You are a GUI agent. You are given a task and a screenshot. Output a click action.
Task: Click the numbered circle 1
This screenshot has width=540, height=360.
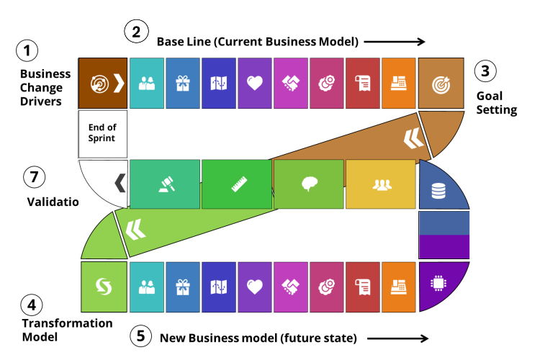(27, 51)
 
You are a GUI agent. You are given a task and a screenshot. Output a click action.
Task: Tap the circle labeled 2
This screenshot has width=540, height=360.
(136, 32)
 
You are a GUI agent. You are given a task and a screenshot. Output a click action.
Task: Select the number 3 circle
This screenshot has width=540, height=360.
(485, 71)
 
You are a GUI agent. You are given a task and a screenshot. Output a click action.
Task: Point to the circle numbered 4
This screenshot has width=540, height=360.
(31, 305)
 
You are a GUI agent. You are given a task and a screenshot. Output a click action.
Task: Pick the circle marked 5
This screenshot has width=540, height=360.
(140, 336)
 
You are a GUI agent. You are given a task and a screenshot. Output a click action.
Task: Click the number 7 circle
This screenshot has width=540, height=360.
(34, 177)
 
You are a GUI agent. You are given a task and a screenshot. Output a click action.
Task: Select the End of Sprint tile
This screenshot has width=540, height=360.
(102, 134)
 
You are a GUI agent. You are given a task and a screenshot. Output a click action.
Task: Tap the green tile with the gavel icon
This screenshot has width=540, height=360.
(165, 184)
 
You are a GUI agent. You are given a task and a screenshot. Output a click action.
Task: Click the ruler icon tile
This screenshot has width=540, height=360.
(237, 184)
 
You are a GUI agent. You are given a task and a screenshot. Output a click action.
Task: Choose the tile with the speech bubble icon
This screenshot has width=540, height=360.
(309, 184)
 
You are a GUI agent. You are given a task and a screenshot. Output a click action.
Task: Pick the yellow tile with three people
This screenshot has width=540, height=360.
(381, 184)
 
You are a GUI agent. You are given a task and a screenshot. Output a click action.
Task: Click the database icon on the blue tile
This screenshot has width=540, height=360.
(438, 191)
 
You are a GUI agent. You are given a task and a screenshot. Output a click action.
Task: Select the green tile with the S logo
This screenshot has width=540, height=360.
(104, 287)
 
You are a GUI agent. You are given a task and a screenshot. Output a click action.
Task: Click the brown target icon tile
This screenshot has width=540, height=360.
(441, 84)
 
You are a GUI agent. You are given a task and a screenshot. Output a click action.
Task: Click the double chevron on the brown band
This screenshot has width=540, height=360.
(413, 138)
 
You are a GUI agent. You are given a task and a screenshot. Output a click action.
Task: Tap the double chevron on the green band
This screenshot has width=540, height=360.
(135, 230)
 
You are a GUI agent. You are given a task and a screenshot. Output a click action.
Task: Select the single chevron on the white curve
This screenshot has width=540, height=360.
(120, 183)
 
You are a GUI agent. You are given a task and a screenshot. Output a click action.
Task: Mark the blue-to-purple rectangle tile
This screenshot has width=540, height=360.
(444, 235)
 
